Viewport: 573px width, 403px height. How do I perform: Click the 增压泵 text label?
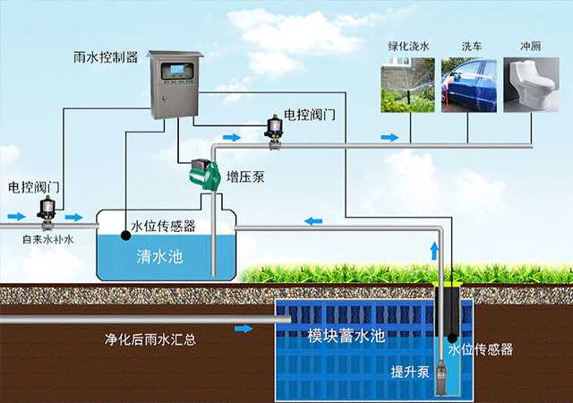tap(244, 177)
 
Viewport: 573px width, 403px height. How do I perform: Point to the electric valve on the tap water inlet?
tap(45, 212)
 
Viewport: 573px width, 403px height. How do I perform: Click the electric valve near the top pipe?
tap(274, 127)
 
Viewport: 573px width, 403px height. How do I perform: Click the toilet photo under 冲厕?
tap(525, 86)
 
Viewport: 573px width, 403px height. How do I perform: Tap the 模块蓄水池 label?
tap(346, 337)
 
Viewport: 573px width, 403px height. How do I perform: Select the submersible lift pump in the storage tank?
tap(440, 372)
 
